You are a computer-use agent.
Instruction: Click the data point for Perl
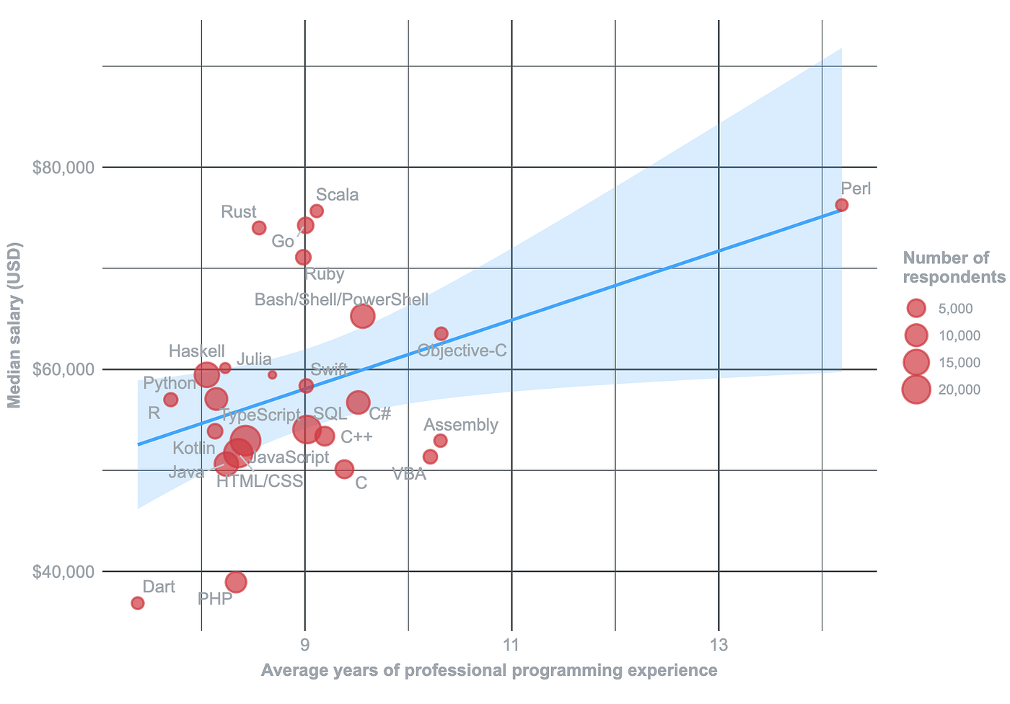tap(841, 205)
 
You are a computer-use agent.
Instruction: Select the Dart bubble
tap(138, 603)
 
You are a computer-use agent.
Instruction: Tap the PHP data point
tap(236, 582)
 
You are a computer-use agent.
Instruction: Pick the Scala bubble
tap(317, 211)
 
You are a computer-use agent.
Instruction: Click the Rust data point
tap(259, 228)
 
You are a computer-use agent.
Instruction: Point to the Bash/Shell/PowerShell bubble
tap(363, 316)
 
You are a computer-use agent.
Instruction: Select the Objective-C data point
tap(442, 334)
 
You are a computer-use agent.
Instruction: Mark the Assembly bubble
tap(441, 441)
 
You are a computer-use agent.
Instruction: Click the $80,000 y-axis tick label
tap(64, 168)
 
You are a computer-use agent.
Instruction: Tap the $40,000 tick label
tap(64, 572)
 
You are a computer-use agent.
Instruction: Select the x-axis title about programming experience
tap(489, 671)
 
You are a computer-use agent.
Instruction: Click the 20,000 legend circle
tap(916, 390)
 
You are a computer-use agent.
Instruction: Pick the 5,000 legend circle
tap(916, 309)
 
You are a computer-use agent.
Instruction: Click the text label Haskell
tap(197, 351)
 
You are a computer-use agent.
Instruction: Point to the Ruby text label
tap(325, 274)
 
